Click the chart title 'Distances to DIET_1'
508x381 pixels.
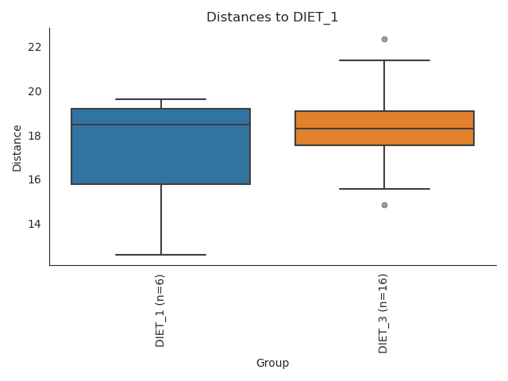point(272,17)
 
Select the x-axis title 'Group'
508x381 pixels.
point(272,364)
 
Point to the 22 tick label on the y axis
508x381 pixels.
point(34,47)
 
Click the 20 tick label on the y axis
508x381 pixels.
point(34,91)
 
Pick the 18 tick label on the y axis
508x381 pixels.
point(34,136)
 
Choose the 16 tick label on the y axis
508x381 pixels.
point(34,179)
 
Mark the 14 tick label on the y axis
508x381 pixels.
point(34,224)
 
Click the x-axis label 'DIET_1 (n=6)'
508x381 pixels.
point(160,310)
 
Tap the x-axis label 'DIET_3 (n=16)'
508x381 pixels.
point(384,313)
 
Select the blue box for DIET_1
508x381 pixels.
point(160,155)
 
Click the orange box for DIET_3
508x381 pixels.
point(384,137)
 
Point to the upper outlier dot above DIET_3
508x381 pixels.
point(384,39)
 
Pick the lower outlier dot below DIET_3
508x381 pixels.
point(384,205)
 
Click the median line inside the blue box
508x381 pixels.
point(160,125)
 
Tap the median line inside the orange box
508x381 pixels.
point(384,129)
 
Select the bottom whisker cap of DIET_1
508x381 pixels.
point(160,255)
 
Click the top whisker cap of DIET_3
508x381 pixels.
point(384,60)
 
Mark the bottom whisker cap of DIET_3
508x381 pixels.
point(384,189)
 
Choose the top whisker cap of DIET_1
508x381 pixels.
point(160,99)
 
